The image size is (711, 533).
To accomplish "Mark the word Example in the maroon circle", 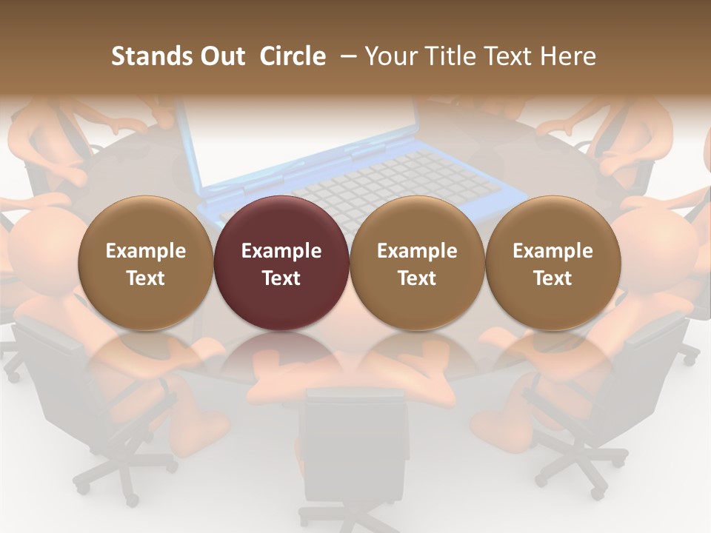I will [x=281, y=251].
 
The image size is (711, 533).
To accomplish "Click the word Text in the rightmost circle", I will [x=553, y=278].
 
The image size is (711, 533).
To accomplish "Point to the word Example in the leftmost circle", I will [x=146, y=251].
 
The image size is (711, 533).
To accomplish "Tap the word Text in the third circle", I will [x=417, y=278].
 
